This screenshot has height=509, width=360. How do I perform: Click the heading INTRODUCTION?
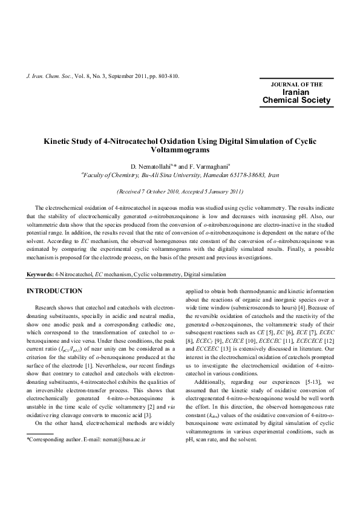coord(54,291)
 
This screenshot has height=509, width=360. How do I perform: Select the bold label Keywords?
coord(40,275)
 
